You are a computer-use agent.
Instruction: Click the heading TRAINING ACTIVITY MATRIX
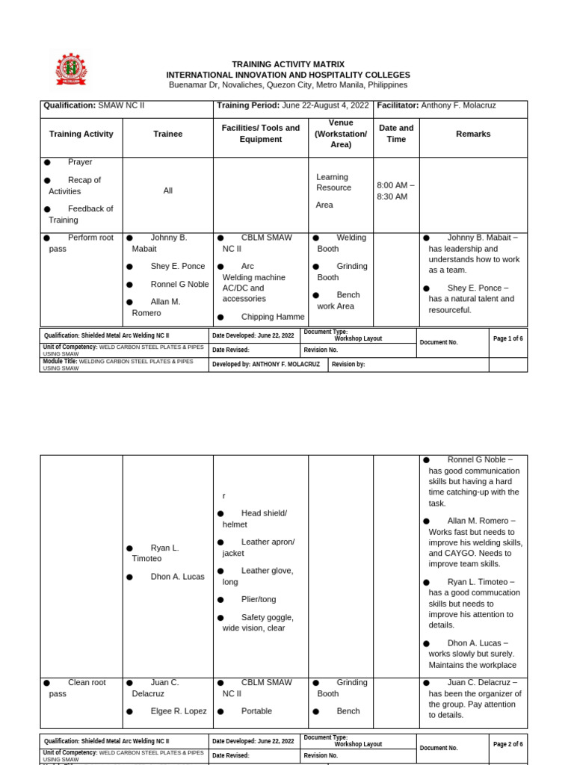click(288, 64)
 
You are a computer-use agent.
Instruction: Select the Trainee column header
click(167, 134)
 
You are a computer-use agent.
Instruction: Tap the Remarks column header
click(473, 134)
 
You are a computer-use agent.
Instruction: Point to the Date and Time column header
click(396, 134)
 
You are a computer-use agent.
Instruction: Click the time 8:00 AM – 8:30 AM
click(395, 191)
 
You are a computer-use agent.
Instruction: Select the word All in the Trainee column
click(167, 191)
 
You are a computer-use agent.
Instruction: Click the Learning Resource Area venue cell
click(333, 191)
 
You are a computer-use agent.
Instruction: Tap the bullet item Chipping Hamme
click(262, 317)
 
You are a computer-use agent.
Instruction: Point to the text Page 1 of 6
click(507, 338)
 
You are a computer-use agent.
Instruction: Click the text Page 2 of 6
click(507, 744)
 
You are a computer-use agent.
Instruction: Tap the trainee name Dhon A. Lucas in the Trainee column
click(177, 577)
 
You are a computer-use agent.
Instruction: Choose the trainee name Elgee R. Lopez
click(178, 711)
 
